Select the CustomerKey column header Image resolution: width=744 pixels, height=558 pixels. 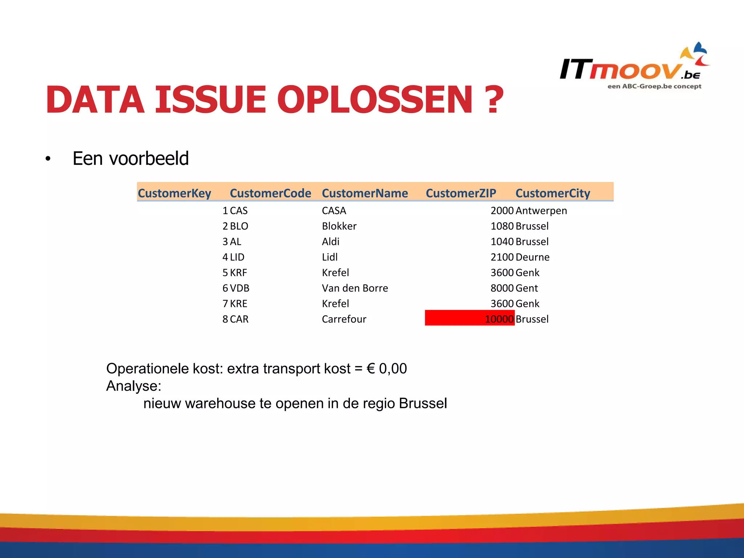[x=174, y=193]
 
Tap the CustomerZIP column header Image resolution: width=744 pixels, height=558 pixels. [x=461, y=193]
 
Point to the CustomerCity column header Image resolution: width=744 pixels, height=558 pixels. [x=553, y=193]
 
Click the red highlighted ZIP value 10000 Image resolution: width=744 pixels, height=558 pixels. [x=499, y=319]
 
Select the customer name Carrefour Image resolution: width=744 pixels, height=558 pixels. [x=344, y=319]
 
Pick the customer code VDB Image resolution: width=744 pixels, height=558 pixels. [x=239, y=288]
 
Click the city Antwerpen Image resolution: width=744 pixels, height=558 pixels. [x=541, y=211]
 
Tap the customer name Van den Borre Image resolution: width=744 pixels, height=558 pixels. [x=355, y=288]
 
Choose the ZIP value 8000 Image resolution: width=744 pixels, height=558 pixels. [x=502, y=288]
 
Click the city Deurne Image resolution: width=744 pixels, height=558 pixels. [x=532, y=257]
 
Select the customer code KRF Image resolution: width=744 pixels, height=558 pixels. [x=238, y=272]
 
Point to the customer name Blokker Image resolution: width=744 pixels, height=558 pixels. [x=339, y=226]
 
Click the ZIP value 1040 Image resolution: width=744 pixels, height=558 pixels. [x=502, y=242]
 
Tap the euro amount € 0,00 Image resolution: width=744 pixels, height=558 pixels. [x=387, y=368]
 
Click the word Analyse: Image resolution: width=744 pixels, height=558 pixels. [x=133, y=386]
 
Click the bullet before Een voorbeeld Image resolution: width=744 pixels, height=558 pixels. [x=48, y=159]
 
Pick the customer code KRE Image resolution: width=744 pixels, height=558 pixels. [x=238, y=304]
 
